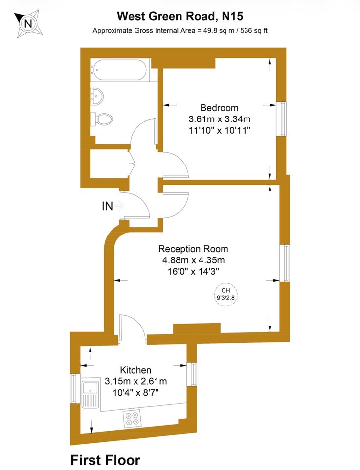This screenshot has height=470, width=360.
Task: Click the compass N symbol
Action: coord(28,23)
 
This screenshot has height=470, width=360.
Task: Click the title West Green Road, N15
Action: coord(180,16)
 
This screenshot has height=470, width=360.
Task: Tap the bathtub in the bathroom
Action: coord(120,70)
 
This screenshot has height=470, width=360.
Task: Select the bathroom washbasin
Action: coord(97,96)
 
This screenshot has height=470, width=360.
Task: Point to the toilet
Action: coord(101,119)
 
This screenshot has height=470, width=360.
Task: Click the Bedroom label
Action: coord(219,108)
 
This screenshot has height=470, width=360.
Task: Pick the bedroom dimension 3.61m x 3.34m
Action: coord(220,119)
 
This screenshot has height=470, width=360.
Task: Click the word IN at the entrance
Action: coord(107,206)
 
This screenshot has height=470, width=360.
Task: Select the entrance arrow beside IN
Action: coord(119,206)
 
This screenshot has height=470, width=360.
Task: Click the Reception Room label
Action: coord(193,249)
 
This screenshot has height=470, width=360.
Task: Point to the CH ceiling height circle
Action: coord(226,294)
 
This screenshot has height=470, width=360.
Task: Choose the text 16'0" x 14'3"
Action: coord(193,272)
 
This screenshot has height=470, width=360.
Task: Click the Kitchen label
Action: coord(135,370)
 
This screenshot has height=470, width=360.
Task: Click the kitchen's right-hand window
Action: coord(192,374)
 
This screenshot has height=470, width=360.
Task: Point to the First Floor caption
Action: coord(105,460)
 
